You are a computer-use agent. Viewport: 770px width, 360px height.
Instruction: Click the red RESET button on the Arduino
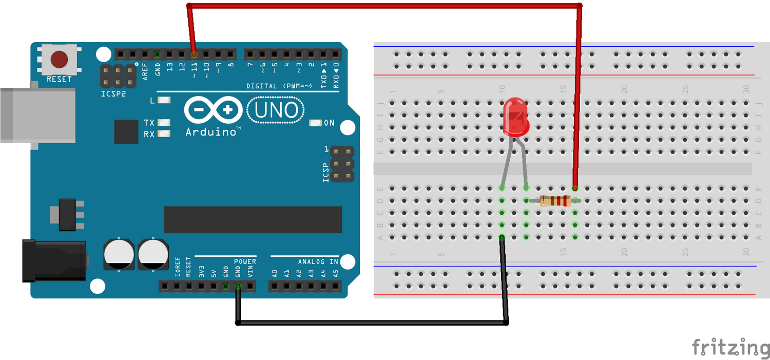click(60, 60)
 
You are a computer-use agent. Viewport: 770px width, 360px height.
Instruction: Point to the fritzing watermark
click(730, 347)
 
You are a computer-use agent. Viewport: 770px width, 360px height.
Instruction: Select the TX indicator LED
click(164, 123)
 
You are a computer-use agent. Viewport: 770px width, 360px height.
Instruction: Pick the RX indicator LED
click(164, 134)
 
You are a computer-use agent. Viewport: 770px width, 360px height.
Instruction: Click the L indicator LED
click(164, 101)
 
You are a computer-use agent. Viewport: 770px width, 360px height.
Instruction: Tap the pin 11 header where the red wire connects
click(194, 53)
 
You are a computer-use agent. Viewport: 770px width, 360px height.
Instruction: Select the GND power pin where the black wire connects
click(238, 287)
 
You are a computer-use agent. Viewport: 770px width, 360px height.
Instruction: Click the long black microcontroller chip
click(253, 220)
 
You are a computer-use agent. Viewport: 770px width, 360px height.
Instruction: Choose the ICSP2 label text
click(112, 94)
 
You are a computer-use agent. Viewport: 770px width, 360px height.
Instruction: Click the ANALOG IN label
click(318, 262)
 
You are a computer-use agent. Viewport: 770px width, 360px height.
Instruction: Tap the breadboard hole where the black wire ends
click(502, 237)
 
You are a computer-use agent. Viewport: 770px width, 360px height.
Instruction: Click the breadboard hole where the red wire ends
click(575, 188)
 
